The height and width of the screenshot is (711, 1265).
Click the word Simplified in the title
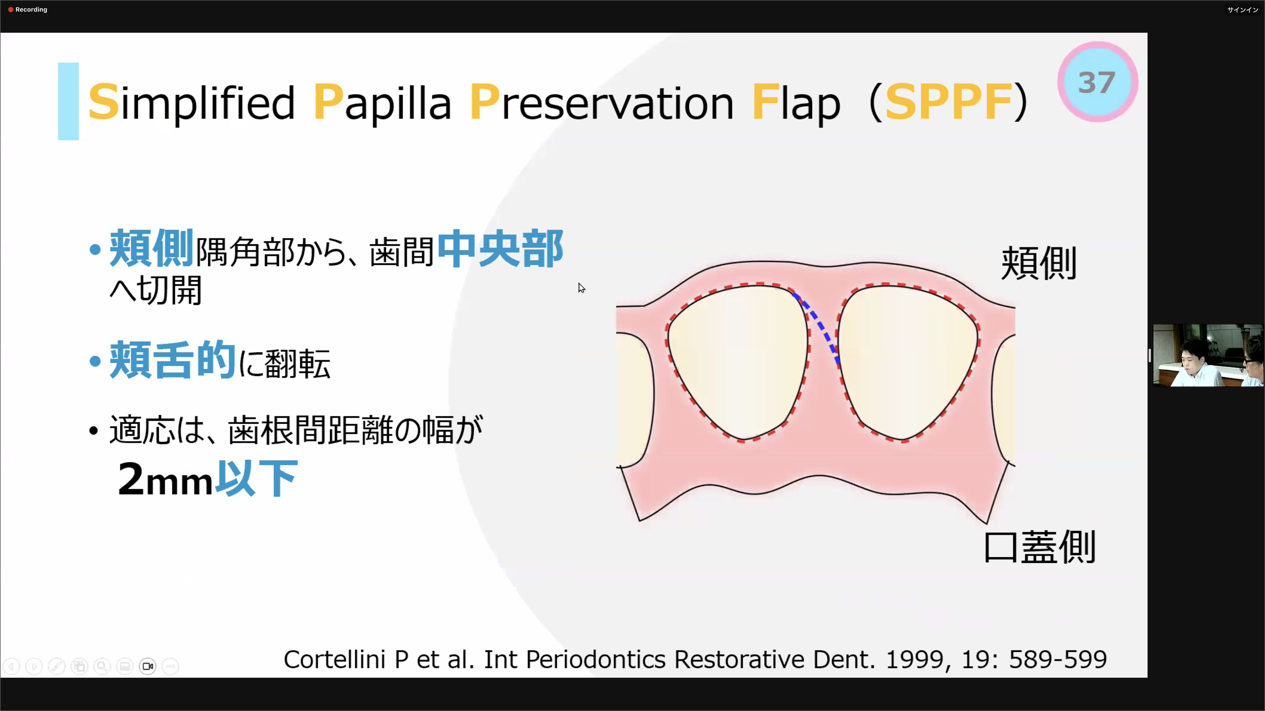[191, 102]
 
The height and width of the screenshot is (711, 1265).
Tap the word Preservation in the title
[601, 102]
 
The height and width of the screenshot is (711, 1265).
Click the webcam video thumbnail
[1208, 355]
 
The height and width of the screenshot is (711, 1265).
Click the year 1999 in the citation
[914, 659]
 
